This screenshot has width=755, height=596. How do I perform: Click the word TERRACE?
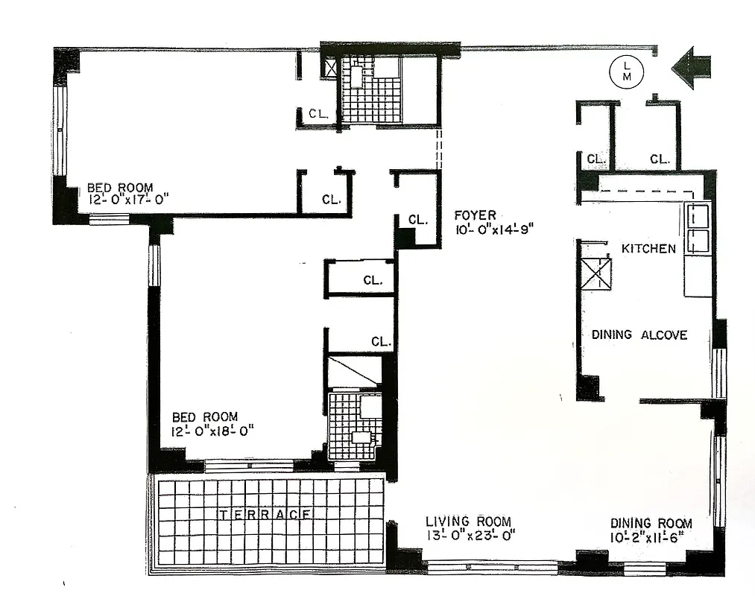pos(265,514)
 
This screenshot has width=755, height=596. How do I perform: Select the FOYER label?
pos(476,215)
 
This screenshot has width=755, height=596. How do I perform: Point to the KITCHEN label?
pos(648,249)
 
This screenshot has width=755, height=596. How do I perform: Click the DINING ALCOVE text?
pos(639,335)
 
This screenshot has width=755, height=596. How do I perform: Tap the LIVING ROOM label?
pos(468,521)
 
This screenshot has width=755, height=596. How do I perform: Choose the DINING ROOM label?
pos(651,524)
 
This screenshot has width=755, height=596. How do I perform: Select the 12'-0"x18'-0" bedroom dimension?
pos(214,430)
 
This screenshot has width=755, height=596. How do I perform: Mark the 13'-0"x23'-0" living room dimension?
pos(470,535)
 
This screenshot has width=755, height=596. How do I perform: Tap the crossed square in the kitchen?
pos(596,274)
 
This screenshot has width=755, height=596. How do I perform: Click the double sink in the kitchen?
pos(698,229)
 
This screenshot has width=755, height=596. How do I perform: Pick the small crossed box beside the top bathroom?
pos(329,68)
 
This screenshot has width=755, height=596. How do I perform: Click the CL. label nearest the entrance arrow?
pos(660,159)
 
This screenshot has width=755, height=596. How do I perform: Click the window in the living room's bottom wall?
pos(492,568)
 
